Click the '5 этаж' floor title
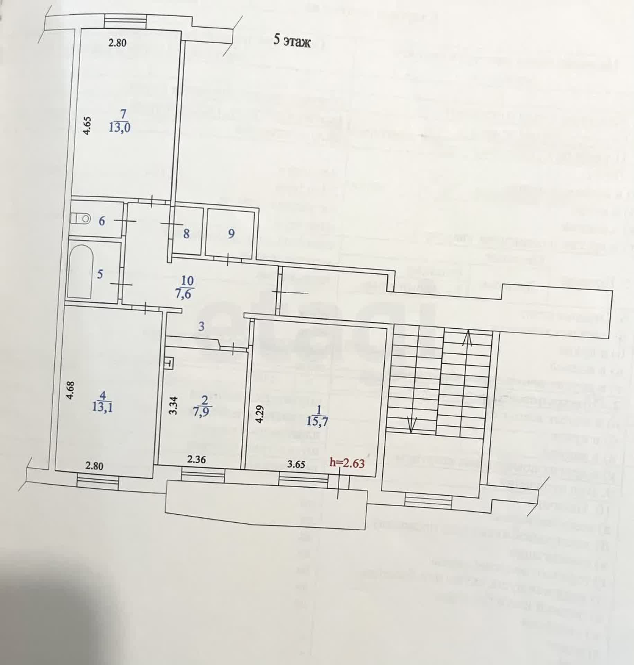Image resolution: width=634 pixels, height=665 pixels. point(292,41)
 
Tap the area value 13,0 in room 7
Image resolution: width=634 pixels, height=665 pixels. point(119,128)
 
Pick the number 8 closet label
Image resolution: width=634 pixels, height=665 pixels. point(186,234)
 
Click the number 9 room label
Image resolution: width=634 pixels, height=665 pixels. point(231,234)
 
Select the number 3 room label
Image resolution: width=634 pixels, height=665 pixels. point(202,326)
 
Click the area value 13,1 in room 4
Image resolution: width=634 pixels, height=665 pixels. point(102,407)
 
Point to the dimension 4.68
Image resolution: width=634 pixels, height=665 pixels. point(70,390)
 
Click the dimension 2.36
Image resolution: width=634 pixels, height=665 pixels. point(196,460)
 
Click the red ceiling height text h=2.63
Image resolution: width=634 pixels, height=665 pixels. point(347,463)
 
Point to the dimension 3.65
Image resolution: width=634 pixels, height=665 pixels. point(296,465)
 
